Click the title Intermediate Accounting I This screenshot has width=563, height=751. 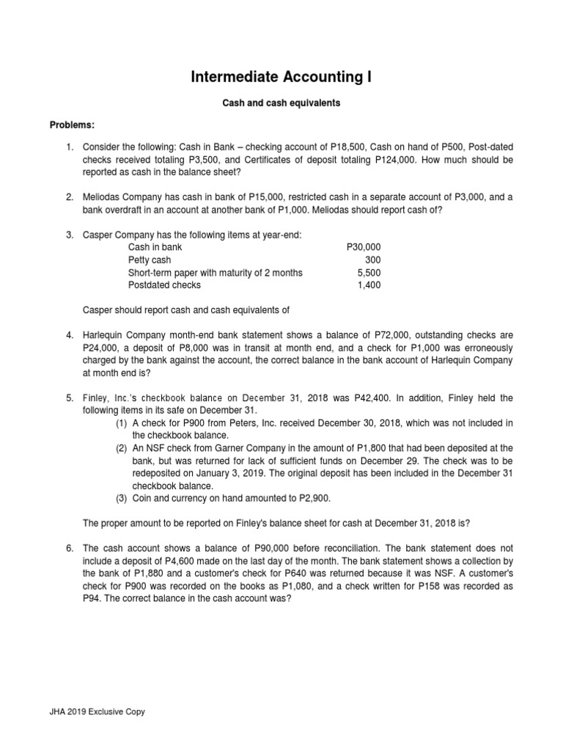(281, 76)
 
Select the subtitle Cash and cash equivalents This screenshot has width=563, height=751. (281, 103)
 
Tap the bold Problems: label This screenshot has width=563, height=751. (73, 125)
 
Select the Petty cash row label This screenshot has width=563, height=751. (149, 260)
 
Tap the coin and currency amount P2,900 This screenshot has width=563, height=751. (310, 498)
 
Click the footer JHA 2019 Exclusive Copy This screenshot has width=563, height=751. (97, 711)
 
